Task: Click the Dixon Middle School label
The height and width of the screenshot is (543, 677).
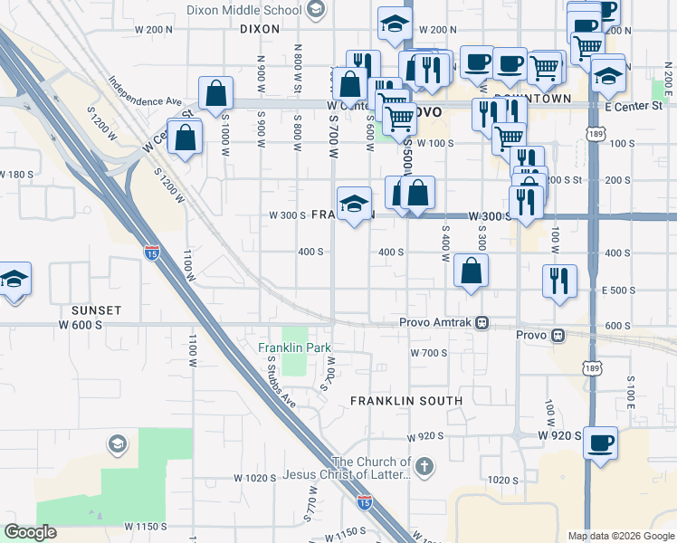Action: point(243,11)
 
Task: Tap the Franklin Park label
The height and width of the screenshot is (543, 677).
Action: point(294,348)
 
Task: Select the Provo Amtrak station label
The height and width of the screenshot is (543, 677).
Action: point(438,322)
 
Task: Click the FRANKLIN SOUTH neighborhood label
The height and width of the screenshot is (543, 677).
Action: point(406,400)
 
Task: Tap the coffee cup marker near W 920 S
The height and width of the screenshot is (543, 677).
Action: point(601,443)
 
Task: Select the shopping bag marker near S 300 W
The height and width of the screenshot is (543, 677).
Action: point(472,271)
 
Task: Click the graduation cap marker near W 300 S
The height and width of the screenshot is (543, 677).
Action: point(355,203)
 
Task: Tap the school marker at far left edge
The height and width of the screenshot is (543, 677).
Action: point(14,278)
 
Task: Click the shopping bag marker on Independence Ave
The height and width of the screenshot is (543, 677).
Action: point(217,93)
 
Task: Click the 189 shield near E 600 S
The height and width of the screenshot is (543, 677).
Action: point(592,369)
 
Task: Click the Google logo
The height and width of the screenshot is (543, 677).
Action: point(31,532)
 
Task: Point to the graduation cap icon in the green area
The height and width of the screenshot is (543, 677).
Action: point(116,443)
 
